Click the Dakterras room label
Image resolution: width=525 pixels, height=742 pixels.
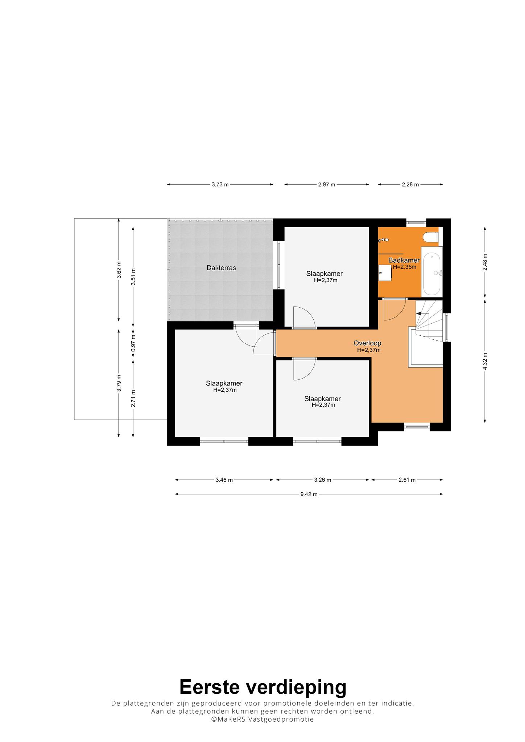coord(221,268)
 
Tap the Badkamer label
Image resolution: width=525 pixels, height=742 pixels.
coord(404,260)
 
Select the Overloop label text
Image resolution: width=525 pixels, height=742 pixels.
coord(367,343)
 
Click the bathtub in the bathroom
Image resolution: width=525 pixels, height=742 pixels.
coord(432,271)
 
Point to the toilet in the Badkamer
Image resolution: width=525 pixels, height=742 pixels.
coord(431,237)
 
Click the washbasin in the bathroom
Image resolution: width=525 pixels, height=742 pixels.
coord(385,272)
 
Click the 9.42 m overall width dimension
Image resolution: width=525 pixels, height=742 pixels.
coord(309,494)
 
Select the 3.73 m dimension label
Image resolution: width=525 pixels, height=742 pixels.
coord(220,184)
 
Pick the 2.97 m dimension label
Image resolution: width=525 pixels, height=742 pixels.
coord(327,184)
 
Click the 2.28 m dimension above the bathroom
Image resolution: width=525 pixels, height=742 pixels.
coord(410,184)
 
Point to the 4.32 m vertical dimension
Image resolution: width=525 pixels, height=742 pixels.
coord(485,361)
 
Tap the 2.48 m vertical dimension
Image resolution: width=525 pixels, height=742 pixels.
coord(485,262)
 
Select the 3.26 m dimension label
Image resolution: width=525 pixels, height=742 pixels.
coord(323,480)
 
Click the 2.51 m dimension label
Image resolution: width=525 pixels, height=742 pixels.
coord(407,480)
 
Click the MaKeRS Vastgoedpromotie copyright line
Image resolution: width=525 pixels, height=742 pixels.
coord(263,720)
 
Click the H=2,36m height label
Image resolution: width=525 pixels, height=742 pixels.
coord(404,267)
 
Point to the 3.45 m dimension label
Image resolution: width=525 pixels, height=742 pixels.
coord(224,480)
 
